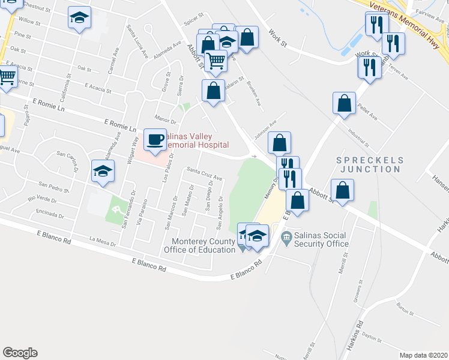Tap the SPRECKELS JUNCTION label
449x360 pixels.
(x=369, y=164)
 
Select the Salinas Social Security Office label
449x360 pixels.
(x=322, y=239)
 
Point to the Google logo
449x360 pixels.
(x=20, y=353)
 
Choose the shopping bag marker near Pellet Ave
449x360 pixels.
(x=345, y=103)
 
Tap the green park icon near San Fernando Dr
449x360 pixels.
(x=116, y=211)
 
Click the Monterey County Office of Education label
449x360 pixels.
(x=200, y=245)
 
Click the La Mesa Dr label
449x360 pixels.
(x=101, y=241)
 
